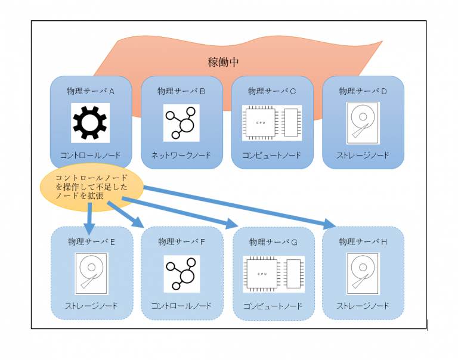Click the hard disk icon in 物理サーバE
(91, 273)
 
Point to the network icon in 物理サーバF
(181, 273)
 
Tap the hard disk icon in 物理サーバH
(363, 273)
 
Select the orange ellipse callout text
(89, 187)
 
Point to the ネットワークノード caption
(181, 155)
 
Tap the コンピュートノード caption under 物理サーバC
(272, 155)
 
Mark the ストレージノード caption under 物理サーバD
(363, 155)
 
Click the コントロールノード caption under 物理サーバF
(181, 306)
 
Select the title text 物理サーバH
(363, 241)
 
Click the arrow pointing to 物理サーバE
(89, 218)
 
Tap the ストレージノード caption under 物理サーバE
(91, 306)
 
